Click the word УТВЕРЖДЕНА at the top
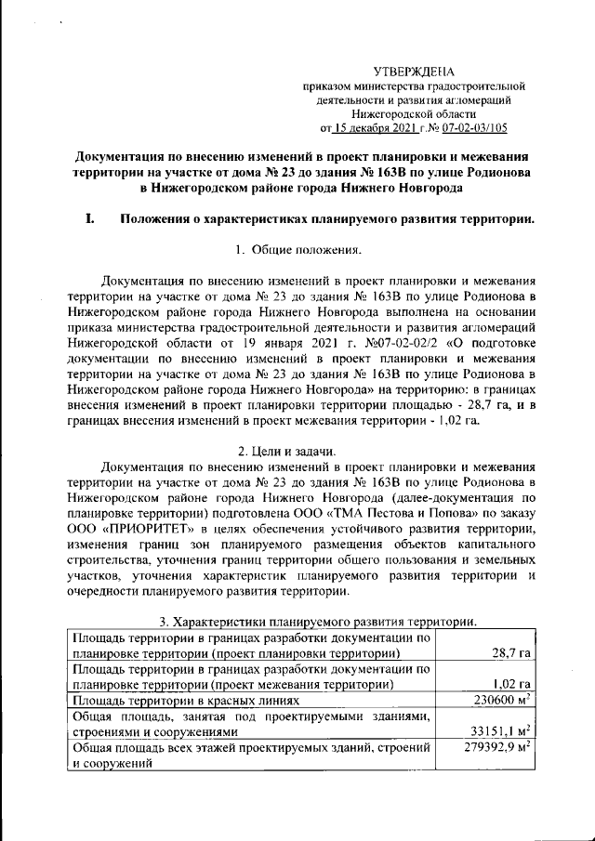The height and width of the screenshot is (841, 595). tap(414, 72)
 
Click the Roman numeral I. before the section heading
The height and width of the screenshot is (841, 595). tap(89, 220)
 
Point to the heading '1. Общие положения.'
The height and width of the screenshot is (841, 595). tap(297, 249)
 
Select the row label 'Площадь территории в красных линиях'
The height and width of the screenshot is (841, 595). tap(187, 700)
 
